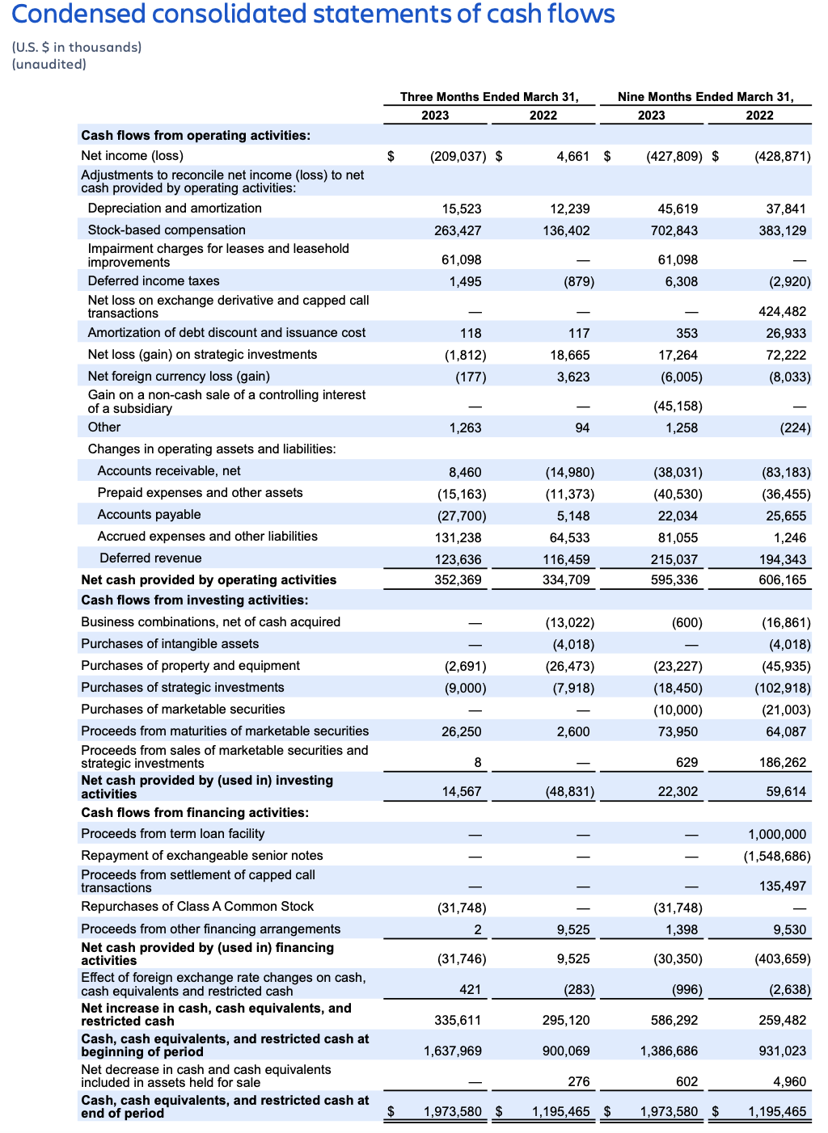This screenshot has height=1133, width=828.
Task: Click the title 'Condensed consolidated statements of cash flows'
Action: coord(313,15)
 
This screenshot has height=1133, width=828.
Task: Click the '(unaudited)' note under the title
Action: coord(49,65)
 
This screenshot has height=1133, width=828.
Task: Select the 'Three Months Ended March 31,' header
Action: coord(489,97)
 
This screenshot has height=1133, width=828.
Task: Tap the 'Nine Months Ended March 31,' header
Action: coord(705,97)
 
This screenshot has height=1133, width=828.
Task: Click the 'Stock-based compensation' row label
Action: coord(167,230)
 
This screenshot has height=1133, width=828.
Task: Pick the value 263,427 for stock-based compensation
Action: coord(458,231)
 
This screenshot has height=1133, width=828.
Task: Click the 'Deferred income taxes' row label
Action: coord(154,281)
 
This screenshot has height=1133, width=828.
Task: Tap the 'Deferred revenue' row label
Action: coord(150,558)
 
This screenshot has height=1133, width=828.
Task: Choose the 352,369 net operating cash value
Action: coord(458,580)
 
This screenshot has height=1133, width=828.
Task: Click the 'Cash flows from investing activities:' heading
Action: coord(195,600)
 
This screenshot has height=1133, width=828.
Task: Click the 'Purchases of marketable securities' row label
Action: coord(183,710)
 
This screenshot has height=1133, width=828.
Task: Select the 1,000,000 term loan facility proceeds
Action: coord(777,835)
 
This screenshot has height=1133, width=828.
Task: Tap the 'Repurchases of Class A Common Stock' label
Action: coord(197,907)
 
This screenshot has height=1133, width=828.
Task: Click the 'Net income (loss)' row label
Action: coord(132,156)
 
